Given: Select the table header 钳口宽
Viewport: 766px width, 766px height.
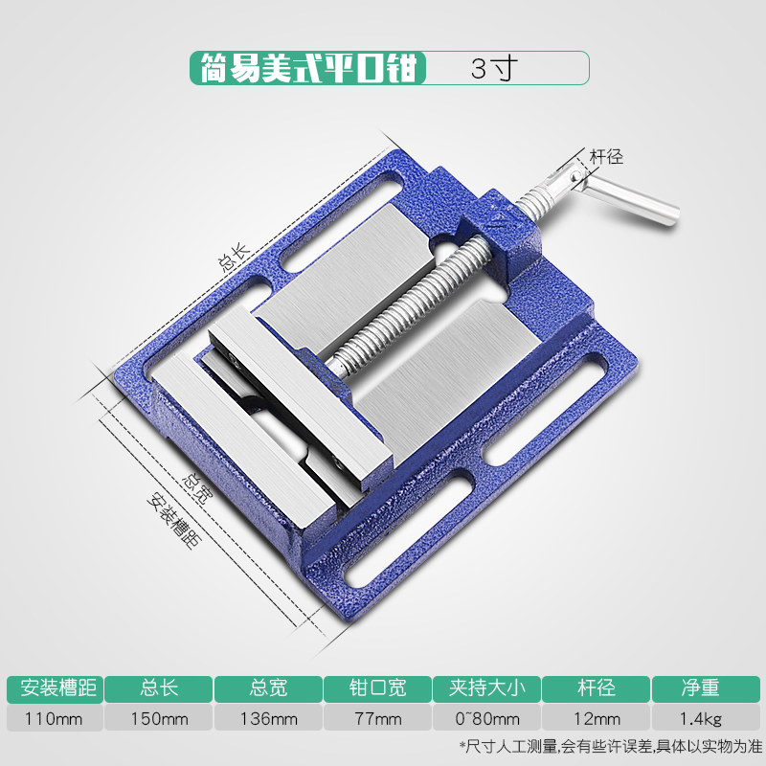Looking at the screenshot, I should (378, 687).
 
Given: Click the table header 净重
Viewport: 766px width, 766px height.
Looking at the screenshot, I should (706, 687).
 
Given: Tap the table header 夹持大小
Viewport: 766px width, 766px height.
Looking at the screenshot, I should (487, 687).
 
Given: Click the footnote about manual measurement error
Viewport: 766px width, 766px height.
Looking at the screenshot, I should (604, 746).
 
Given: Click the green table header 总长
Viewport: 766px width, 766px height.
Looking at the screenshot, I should (159, 687).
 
